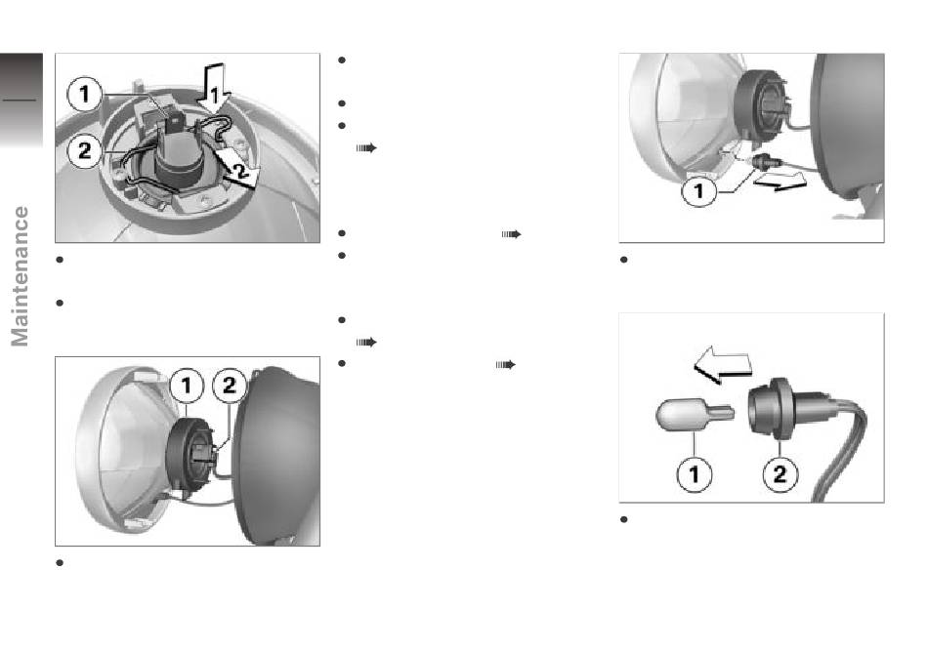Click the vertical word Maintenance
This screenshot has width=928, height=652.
21,276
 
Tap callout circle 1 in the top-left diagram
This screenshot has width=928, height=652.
85,94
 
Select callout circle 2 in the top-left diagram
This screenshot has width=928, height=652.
85,151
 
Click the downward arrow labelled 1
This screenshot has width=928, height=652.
213,89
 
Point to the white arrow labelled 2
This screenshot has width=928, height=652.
236,169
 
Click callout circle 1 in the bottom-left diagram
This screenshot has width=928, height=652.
187,386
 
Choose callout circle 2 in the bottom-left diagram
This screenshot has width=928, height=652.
230,386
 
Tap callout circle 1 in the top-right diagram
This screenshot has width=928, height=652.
699,191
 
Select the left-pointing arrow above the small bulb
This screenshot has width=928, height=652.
722,365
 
